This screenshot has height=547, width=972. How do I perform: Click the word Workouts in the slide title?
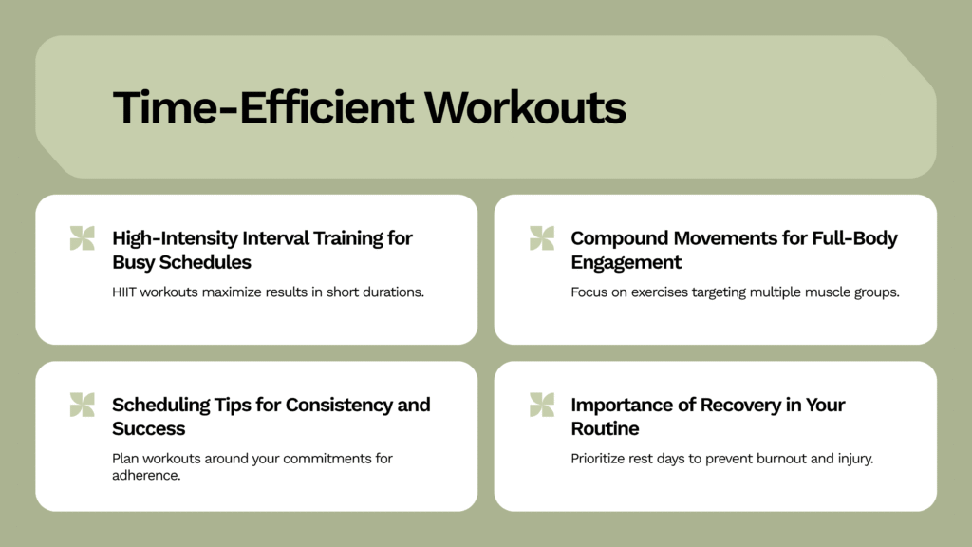click(525, 107)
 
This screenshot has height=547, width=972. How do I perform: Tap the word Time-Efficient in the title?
click(263, 107)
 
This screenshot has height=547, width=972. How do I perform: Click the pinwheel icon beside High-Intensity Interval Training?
click(83, 238)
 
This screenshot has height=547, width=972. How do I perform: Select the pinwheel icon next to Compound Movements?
click(542, 238)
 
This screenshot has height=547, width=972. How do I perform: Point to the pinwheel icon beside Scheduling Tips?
click(83, 405)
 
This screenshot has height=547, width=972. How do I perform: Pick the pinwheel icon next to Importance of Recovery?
click(542, 405)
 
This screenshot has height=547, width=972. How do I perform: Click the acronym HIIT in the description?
click(124, 292)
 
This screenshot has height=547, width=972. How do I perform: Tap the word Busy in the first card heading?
click(133, 262)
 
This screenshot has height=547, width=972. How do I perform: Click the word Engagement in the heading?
click(626, 262)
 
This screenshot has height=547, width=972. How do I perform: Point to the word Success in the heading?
click(149, 428)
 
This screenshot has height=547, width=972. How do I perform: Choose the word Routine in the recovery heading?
click(605, 428)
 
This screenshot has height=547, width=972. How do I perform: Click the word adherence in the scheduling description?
click(146, 475)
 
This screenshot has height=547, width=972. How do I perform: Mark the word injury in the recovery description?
click(855, 460)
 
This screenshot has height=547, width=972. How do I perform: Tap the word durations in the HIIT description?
click(393, 292)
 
